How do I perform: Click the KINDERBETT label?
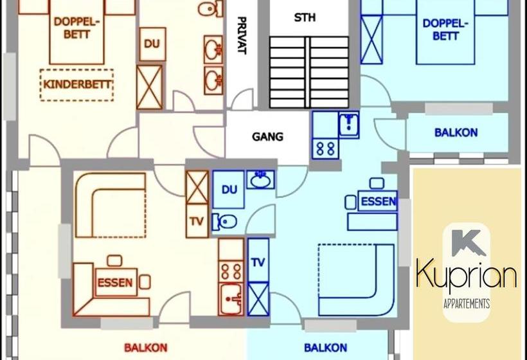pyautogui.click(x=77, y=84)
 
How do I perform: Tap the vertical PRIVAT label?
pyautogui.click(x=241, y=35)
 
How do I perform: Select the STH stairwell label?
pyautogui.click(x=305, y=17)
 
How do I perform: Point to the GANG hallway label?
pyautogui.click(x=267, y=137)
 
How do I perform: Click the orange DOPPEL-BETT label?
pyautogui.click(x=76, y=27)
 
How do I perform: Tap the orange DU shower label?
pyautogui.click(x=152, y=44)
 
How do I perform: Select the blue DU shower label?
pyautogui.click(x=229, y=190)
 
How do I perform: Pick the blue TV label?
pyautogui.click(x=258, y=262)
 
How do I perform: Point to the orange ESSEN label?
pyautogui.click(x=115, y=282)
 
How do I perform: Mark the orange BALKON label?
pyautogui.click(x=145, y=348)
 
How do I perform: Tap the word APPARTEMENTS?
pyautogui.click(x=467, y=303)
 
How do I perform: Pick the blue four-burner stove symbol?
pyautogui.click(x=326, y=148)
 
